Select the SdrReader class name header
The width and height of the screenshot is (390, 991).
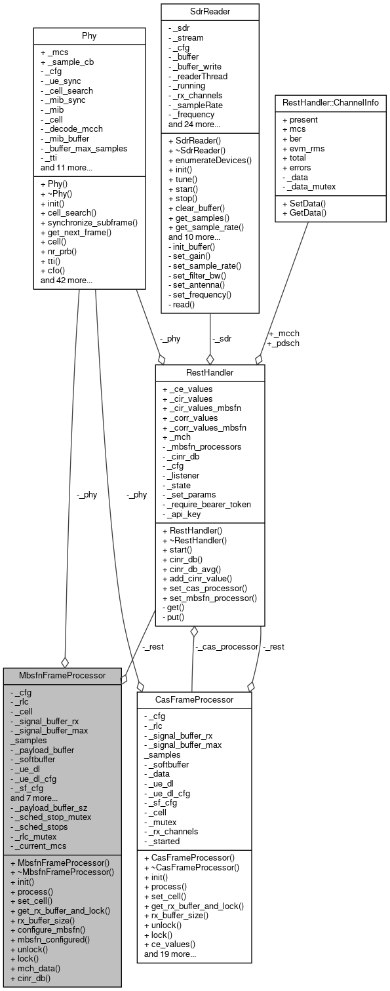pos(210,10)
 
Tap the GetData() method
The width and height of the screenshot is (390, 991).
pos(305,214)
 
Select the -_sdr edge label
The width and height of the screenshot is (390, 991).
pos(222,339)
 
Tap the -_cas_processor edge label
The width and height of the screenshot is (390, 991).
pos(226,646)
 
